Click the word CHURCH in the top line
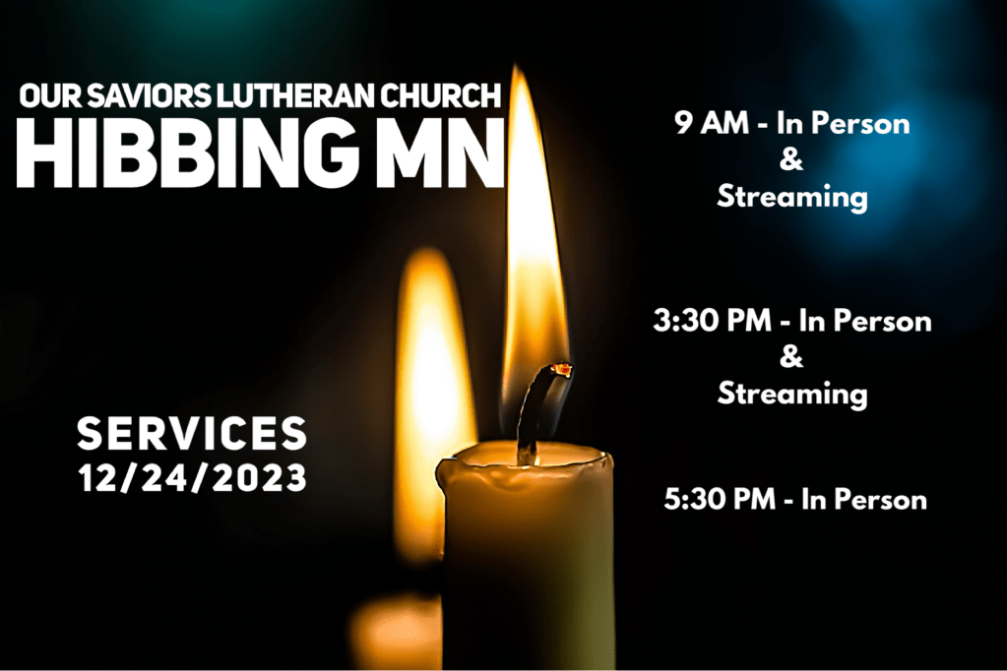click(x=441, y=95)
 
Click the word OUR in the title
click(x=50, y=95)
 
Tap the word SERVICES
click(x=192, y=433)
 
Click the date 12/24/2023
click(x=193, y=478)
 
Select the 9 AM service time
click(x=712, y=122)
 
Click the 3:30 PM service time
click(x=713, y=320)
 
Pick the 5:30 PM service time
click(x=720, y=499)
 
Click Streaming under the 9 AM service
click(x=792, y=197)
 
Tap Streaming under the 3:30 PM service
click(x=792, y=393)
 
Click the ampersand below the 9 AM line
click(x=791, y=159)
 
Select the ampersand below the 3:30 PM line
click(x=791, y=356)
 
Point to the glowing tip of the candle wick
click(x=562, y=369)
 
